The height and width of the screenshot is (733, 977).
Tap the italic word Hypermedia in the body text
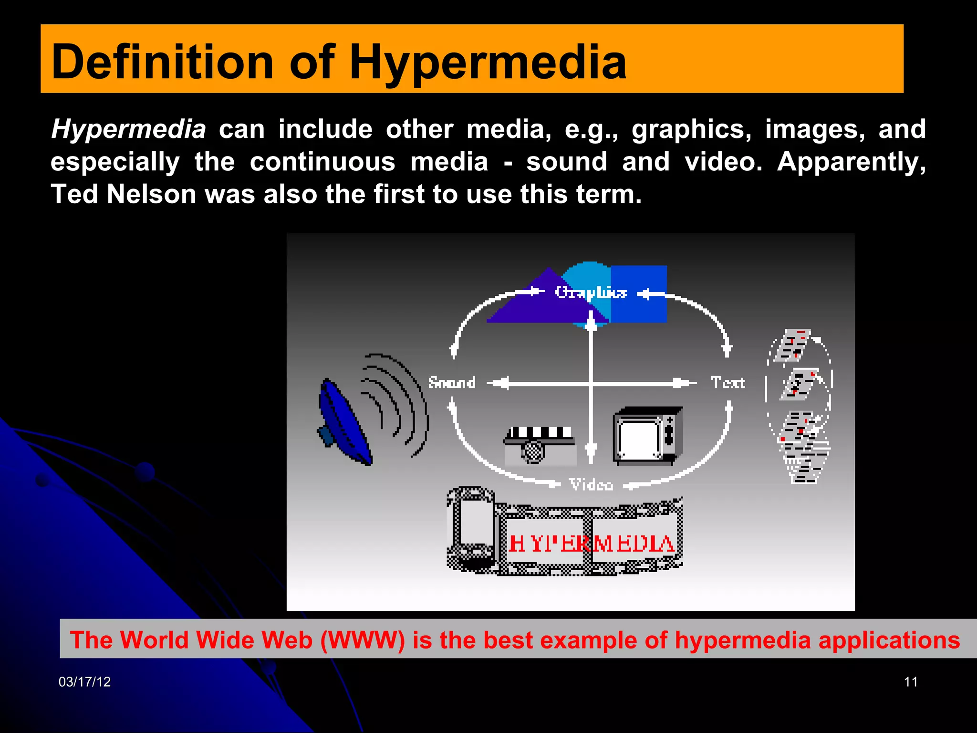coord(128,129)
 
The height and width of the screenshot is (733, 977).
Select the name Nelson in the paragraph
coord(151,194)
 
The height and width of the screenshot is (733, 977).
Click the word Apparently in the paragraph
coord(851,162)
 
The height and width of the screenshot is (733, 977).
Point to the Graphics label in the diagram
coord(590,292)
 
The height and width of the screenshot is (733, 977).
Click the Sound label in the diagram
coord(451,383)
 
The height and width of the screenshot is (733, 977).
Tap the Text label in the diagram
coord(727,383)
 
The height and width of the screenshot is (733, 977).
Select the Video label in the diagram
coord(591,485)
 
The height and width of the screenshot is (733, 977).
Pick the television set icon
coord(647,435)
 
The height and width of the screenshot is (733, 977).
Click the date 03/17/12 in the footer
coord(84,682)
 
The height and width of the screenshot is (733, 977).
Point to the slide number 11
coord(910,682)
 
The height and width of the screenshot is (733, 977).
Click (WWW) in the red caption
coord(362,640)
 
